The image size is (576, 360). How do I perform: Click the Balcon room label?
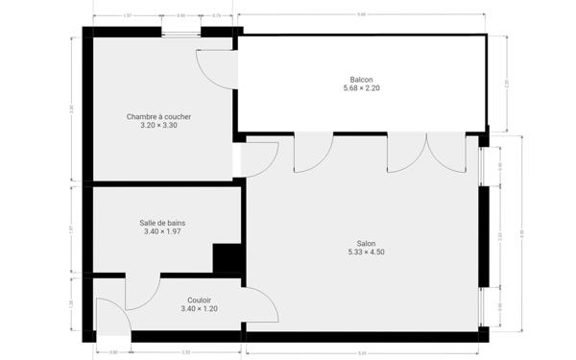(x=361, y=80)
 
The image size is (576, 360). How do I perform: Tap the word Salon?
(x=366, y=244)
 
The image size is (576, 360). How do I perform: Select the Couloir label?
(x=200, y=300)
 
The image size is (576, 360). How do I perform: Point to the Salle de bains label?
(x=162, y=223)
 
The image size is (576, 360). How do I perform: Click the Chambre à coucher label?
(x=158, y=117)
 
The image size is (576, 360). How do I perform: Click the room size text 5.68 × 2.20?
(x=361, y=88)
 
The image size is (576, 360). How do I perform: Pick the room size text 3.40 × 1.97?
(x=162, y=231)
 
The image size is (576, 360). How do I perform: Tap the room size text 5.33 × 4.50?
(x=366, y=252)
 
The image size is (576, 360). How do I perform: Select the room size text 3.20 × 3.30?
(x=158, y=126)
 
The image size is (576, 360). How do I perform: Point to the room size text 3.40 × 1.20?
(x=200, y=308)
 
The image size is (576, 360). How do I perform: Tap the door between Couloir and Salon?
(x=261, y=305)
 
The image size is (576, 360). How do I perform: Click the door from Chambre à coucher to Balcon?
(x=214, y=67)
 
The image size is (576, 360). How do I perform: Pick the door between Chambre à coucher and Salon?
(x=259, y=158)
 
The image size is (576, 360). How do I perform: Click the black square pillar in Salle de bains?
(x=227, y=259)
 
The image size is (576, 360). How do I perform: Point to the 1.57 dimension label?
(x=127, y=16)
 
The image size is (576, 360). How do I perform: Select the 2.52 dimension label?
(x=186, y=352)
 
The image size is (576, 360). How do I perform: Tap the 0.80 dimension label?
(x=114, y=352)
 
